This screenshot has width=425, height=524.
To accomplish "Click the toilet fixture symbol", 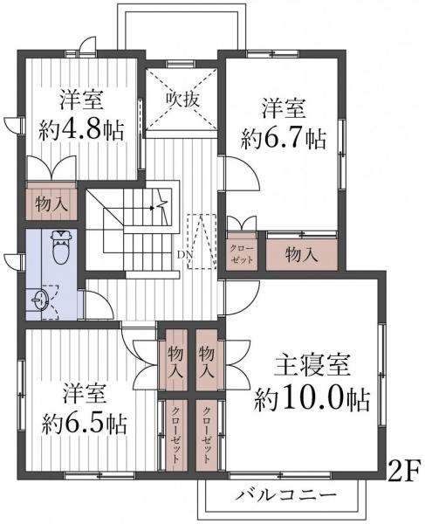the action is pos(61,247).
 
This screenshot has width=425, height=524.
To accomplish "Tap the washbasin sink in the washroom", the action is pos(40,299).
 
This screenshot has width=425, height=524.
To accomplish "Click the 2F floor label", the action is pos(404,471).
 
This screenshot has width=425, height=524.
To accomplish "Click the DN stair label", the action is pos(185,255).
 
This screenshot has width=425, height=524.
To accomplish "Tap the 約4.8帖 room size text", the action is pos(81,129).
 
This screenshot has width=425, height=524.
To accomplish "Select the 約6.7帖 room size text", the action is pos(283,138).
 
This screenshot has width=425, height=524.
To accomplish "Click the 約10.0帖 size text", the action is pos(312,400).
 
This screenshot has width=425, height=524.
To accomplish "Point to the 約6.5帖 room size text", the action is pos(84,424).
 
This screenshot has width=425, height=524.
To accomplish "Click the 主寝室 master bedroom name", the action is pos(312,365).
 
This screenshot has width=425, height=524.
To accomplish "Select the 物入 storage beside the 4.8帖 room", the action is pos(51,204).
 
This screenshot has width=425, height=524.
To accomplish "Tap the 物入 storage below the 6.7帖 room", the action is pos(301,255).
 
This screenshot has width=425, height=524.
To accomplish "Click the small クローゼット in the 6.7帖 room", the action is pos(242,255).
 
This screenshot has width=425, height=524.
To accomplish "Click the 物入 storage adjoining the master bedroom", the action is pos(207,360).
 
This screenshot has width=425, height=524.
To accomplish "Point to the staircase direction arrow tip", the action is pos(152,208).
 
